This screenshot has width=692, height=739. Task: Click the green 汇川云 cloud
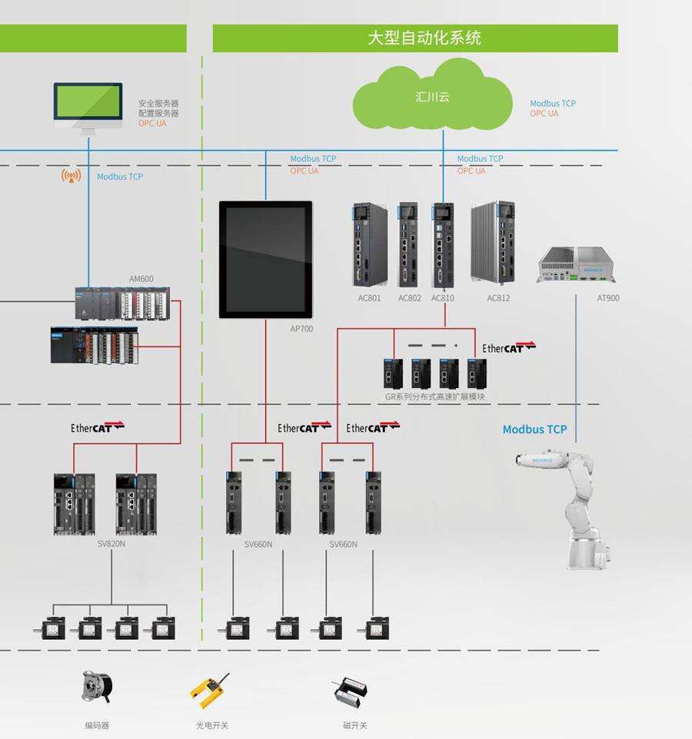click(x=432, y=98)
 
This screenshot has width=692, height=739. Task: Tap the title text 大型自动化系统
click(x=424, y=38)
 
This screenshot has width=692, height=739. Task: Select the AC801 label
click(x=369, y=298)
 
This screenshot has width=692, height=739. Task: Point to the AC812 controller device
click(x=493, y=245)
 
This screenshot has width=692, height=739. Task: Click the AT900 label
click(x=608, y=298)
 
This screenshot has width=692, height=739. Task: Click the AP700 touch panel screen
click(x=266, y=259)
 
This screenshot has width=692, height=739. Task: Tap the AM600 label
click(x=141, y=279)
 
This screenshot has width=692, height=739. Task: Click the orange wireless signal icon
click(x=71, y=176)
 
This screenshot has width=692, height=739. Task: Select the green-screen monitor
click(x=88, y=105)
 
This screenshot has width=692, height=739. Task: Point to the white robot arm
click(x=572, y=507)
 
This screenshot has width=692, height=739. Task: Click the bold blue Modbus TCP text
click(x=534, y=429)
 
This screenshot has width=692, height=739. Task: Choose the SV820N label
click(x=111, y=544)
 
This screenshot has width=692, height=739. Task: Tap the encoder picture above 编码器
click(x=97, y=688)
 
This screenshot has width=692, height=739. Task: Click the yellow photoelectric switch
click(x=210, y=689)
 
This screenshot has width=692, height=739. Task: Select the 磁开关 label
click(x=355, y=725)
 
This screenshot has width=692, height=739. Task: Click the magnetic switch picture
click(x=351, y=692)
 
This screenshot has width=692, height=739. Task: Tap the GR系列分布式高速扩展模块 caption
click(x=435, y=397)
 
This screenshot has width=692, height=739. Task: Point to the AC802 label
click(x=410, y=298)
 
